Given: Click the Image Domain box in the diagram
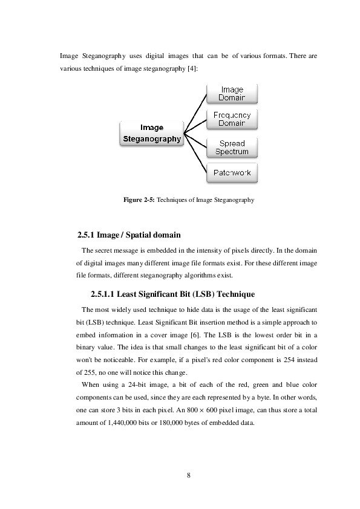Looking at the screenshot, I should (232, 94).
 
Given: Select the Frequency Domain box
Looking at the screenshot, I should (232, 119).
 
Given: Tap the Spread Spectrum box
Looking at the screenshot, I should (232, 148).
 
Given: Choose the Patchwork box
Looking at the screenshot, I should (232, 173).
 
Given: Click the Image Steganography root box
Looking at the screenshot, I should (152, 133).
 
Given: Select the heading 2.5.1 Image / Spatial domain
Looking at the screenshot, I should (130, 235).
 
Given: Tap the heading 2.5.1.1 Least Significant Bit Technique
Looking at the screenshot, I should (172, 294).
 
